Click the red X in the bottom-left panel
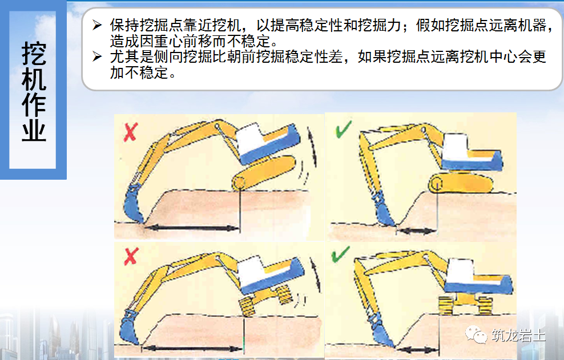pyautogui.click(x=131, y=258)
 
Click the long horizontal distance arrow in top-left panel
pyautogui.click(x=191, y=228)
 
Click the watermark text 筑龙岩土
pyautogui.click(x=517, y=335)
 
